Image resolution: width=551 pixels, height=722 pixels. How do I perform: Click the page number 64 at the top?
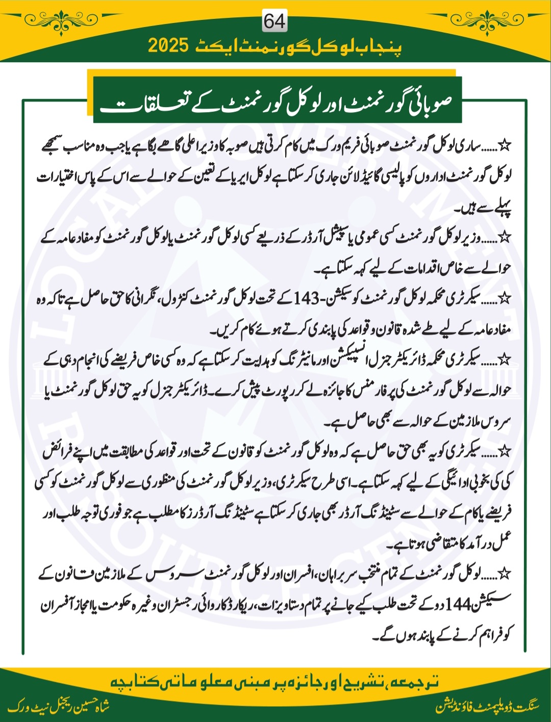274,21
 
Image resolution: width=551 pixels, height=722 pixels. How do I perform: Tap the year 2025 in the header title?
169,46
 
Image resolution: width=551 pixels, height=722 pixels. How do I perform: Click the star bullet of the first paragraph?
506,146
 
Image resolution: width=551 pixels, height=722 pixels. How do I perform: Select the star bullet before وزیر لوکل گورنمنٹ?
506,238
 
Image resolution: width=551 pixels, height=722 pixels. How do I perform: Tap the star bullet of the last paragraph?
506,574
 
